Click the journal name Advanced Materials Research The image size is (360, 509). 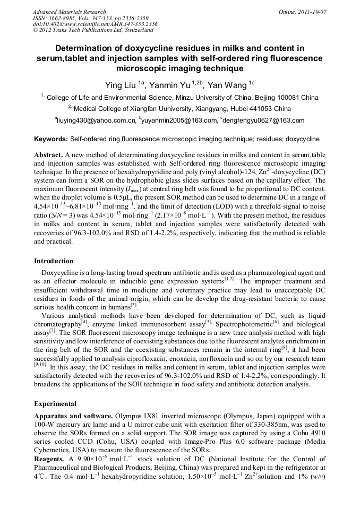point(70,12)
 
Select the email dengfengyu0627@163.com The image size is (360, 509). point(264,120)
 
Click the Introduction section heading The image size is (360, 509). point(54,261)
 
